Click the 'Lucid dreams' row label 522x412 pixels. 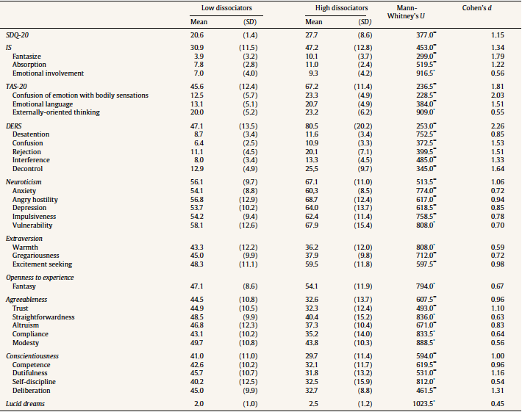pos(26,404)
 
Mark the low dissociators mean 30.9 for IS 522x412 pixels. pos(196,47)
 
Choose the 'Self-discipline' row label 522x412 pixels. pos(36,382)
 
